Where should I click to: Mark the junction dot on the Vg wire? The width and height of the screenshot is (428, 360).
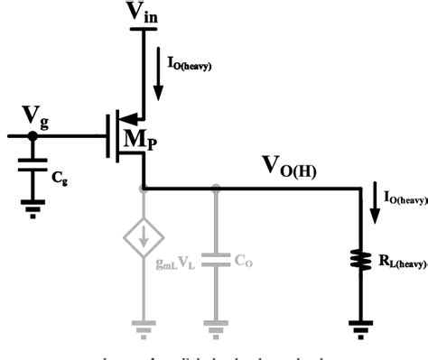(x=33, y=136)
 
